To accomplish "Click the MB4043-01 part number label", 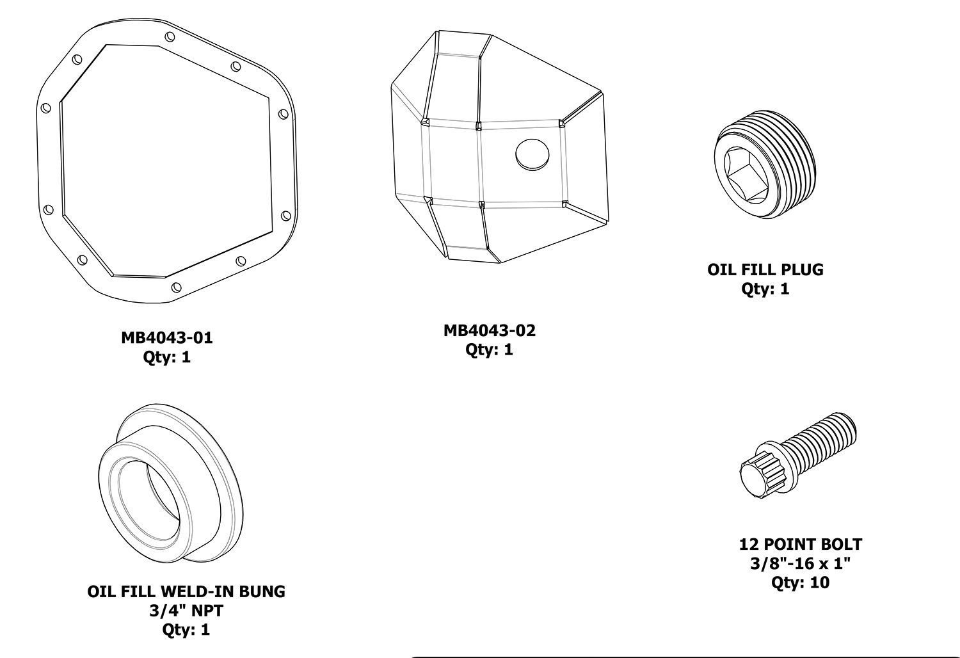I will click(166, 337).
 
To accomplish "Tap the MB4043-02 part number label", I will click(489, 330).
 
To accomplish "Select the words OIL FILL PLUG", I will click(765, 269).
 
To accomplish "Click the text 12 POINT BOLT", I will click(800, 545).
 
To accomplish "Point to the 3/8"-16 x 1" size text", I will click(800, 564).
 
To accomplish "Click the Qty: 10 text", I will click(800, 582).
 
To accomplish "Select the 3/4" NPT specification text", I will click(186, 610).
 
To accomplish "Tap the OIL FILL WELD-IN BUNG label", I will click(186, 591).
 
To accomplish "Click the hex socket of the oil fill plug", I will click(747, 173).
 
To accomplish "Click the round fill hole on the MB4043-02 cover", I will click(532, 154).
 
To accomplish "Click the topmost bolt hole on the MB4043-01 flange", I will click(169, 37).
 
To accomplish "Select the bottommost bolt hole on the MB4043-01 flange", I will click(176, 287).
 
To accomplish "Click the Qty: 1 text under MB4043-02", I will click(489, 349).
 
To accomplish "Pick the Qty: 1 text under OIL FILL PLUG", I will click(765, 289).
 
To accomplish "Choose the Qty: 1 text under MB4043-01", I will click(166, 357).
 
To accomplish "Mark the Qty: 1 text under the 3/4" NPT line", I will click(186, 629).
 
